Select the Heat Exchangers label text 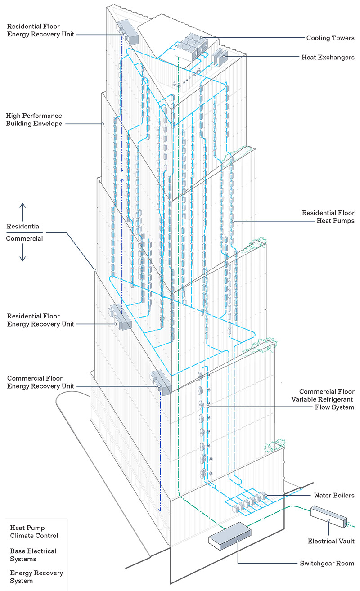coord(328,58)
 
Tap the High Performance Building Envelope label coord(34,120)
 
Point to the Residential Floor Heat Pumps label coord(328,216)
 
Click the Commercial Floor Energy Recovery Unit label coord(35,382)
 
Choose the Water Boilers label coord(334,496)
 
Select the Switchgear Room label coord(327,563)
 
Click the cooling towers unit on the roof coord(192,45)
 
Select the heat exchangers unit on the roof coord(220,58)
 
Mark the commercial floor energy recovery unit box coord(161,382)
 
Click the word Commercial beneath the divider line coord(24,238)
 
